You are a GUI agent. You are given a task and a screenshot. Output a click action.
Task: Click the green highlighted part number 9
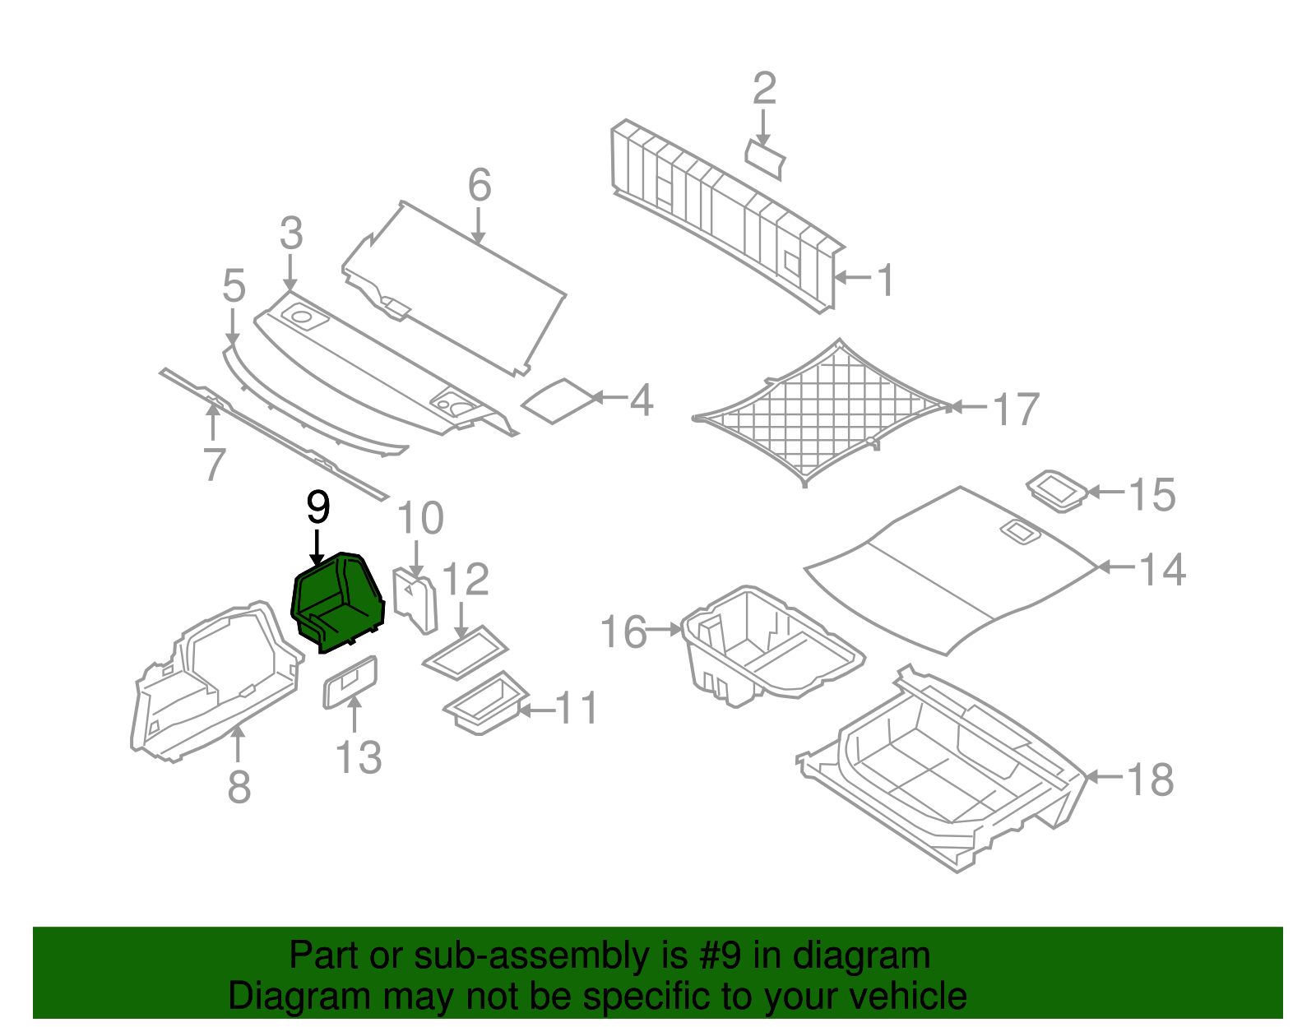pos(337,603)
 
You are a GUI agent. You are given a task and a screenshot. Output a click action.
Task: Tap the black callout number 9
pos(317,507)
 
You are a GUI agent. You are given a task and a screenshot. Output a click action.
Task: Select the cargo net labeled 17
pos(822,411)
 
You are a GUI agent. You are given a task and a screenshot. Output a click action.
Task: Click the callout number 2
pos(764,88)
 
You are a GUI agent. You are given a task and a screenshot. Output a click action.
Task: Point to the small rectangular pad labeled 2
pos(765,159)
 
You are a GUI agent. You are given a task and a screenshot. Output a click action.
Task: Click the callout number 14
pos(1162,569)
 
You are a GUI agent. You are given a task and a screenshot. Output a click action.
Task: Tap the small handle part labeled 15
pos(1059,491)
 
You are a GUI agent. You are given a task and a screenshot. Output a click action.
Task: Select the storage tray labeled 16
pos(765,645)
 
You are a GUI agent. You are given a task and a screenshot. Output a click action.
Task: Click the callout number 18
pos(1150,779)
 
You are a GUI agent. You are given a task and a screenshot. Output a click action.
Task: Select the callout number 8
pos(239,786)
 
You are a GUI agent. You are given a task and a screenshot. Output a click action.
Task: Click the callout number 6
pos(480,185)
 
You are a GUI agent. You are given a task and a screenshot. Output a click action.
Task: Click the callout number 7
pos(214,465)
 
